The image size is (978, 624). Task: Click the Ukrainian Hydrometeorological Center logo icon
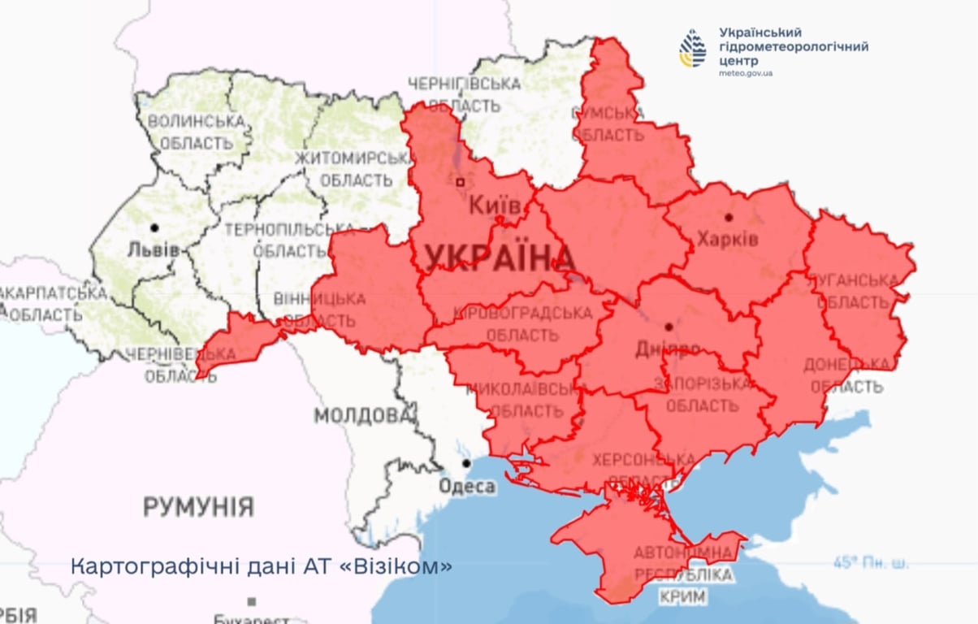693,48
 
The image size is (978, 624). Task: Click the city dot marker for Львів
154,227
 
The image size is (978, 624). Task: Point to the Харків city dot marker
729,217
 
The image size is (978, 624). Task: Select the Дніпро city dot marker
668,327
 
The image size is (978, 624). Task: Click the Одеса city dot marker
466,463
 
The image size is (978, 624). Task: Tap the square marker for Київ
461,183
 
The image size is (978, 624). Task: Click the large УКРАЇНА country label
500,258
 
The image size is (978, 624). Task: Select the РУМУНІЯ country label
198,508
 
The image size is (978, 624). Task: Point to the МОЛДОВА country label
362,416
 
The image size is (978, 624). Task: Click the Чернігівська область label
464,94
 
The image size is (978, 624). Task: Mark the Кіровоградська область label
521,323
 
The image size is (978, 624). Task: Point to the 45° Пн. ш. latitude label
871,562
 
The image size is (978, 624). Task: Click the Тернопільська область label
278,240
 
